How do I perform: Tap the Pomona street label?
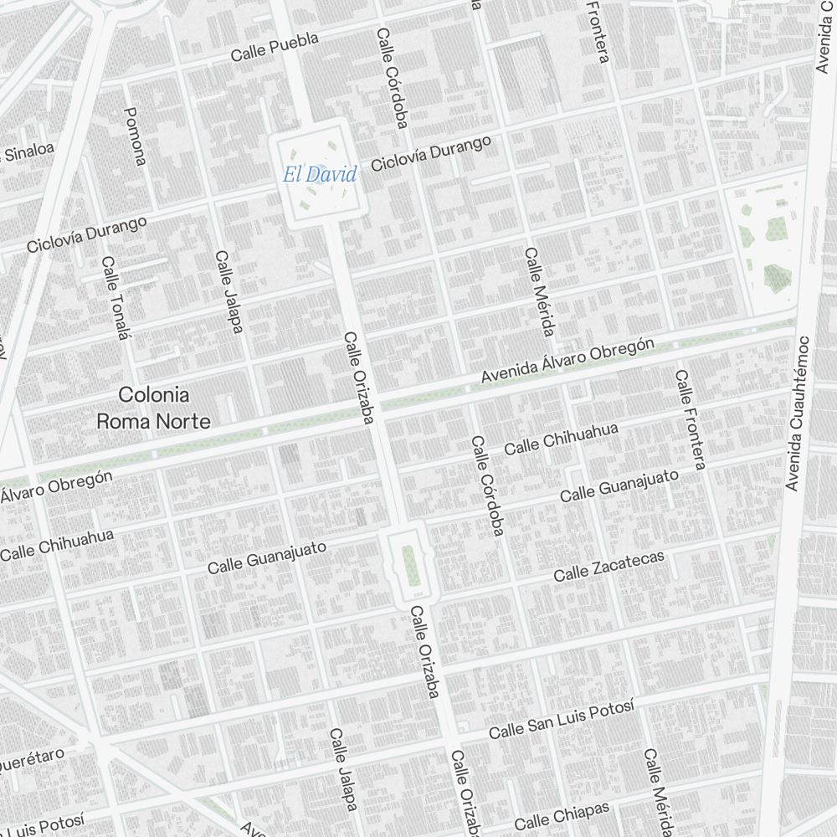135,136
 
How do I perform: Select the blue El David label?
319,175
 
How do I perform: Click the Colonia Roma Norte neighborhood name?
154,408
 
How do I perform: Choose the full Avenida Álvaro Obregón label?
567,362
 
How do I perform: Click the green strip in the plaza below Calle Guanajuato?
409,567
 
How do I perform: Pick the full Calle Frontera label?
690,418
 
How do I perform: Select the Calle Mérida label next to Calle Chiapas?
657,792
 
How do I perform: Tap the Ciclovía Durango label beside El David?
430,153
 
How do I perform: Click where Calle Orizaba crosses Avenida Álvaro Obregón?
374,410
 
